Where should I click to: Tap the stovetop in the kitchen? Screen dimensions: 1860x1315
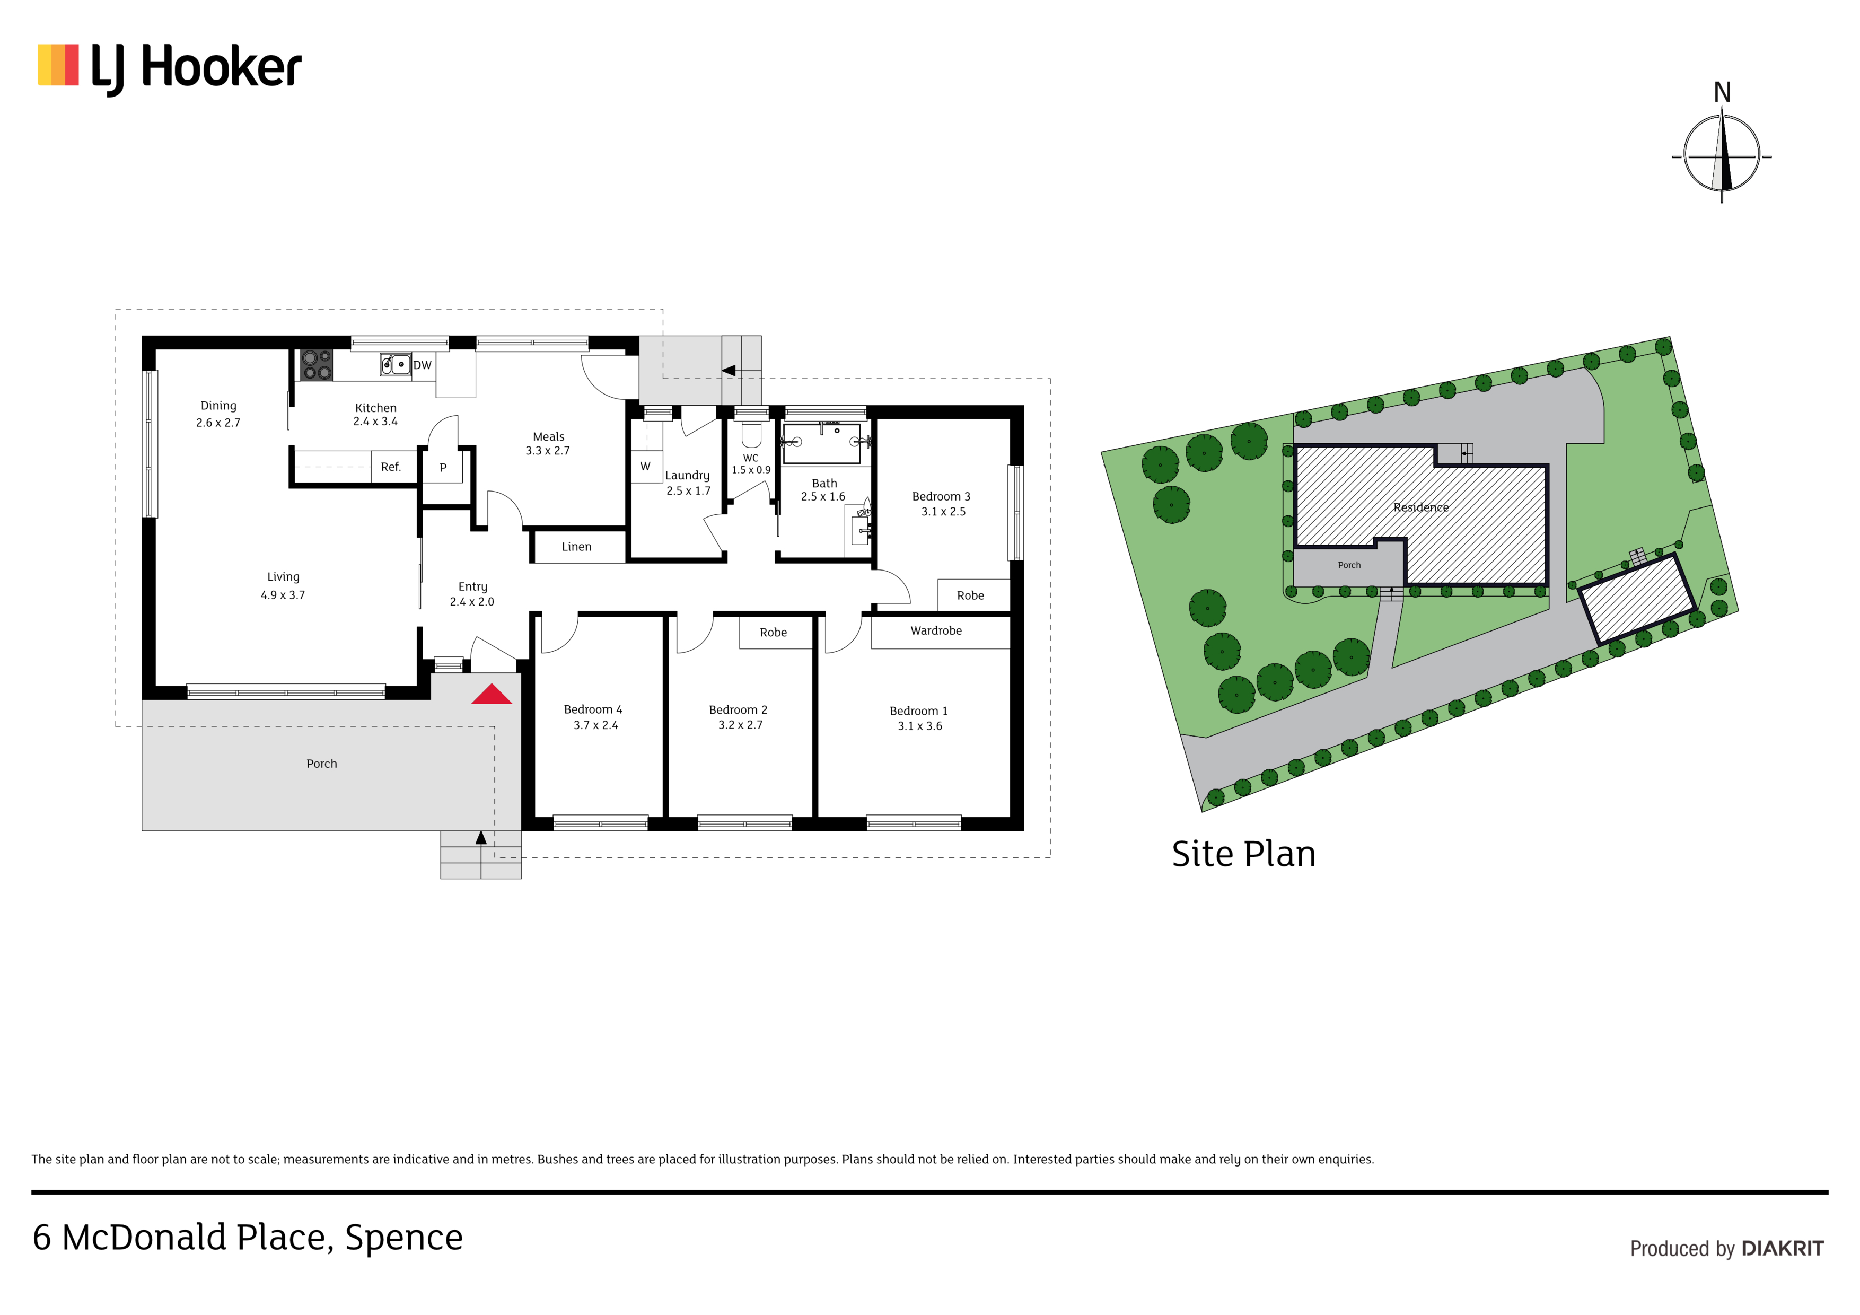pos(317,365)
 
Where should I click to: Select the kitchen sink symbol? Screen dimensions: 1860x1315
pos(396,365)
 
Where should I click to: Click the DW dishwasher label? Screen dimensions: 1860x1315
pos(422,365)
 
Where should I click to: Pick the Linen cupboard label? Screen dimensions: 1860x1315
pos(577,547)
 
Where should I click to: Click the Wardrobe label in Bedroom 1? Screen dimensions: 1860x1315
pos(936,630)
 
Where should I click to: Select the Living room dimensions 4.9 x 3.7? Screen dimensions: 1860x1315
pos(283,595)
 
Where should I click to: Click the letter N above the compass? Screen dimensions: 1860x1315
pos(1722,93)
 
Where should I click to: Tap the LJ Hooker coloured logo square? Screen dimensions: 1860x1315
pos(58,65)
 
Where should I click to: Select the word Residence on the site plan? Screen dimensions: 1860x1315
pos(1421,507)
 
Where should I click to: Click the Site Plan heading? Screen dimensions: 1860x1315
pos(1243,854)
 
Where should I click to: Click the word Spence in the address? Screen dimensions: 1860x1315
pos(403,1238)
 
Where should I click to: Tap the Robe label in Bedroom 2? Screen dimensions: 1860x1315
pos(773,632)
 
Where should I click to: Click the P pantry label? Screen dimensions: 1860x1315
pos(443,468)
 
